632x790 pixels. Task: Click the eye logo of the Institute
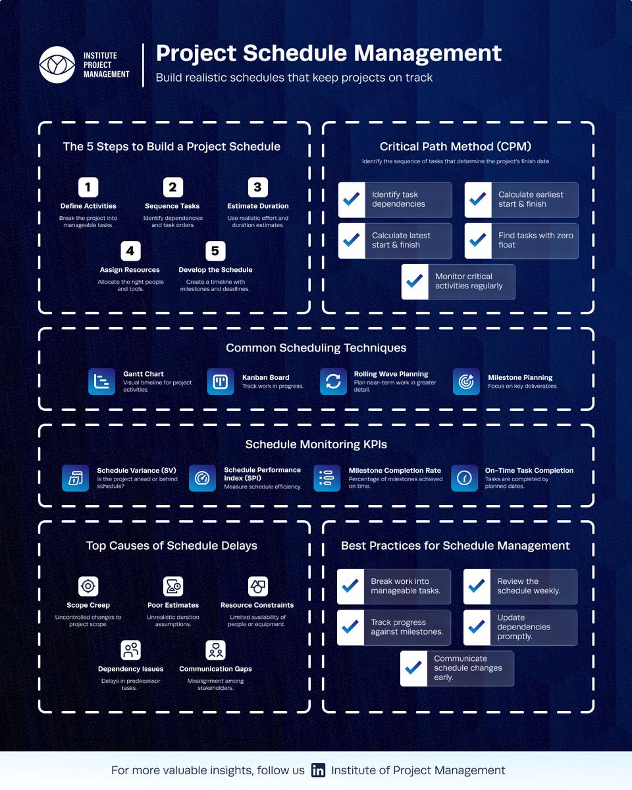(57, 65)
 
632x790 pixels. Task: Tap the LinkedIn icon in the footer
(318, 770)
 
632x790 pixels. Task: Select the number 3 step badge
(257, 187)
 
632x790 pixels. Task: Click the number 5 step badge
(215, 251)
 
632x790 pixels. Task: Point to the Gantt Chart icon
(102, 381)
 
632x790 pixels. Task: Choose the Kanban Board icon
(221, 381)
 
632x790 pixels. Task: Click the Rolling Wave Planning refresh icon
(333, 381)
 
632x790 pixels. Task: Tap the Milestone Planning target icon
(466, 381)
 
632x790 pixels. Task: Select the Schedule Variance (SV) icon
(75, 478)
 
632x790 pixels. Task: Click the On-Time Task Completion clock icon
(464, 478)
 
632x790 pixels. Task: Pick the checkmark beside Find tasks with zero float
(478, 240)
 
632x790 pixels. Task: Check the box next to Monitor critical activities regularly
(415, 282)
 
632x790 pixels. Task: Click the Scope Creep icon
(88, 587)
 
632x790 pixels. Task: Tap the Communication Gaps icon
(215, 650)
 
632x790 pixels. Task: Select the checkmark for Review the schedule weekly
(477, 587)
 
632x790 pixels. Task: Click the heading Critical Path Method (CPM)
(456, 146)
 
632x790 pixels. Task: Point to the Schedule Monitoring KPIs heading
(316, 444)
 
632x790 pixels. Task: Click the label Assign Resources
(130, 270)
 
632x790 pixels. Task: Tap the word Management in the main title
(427, 53)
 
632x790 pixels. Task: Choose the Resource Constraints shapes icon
(257, 587)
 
